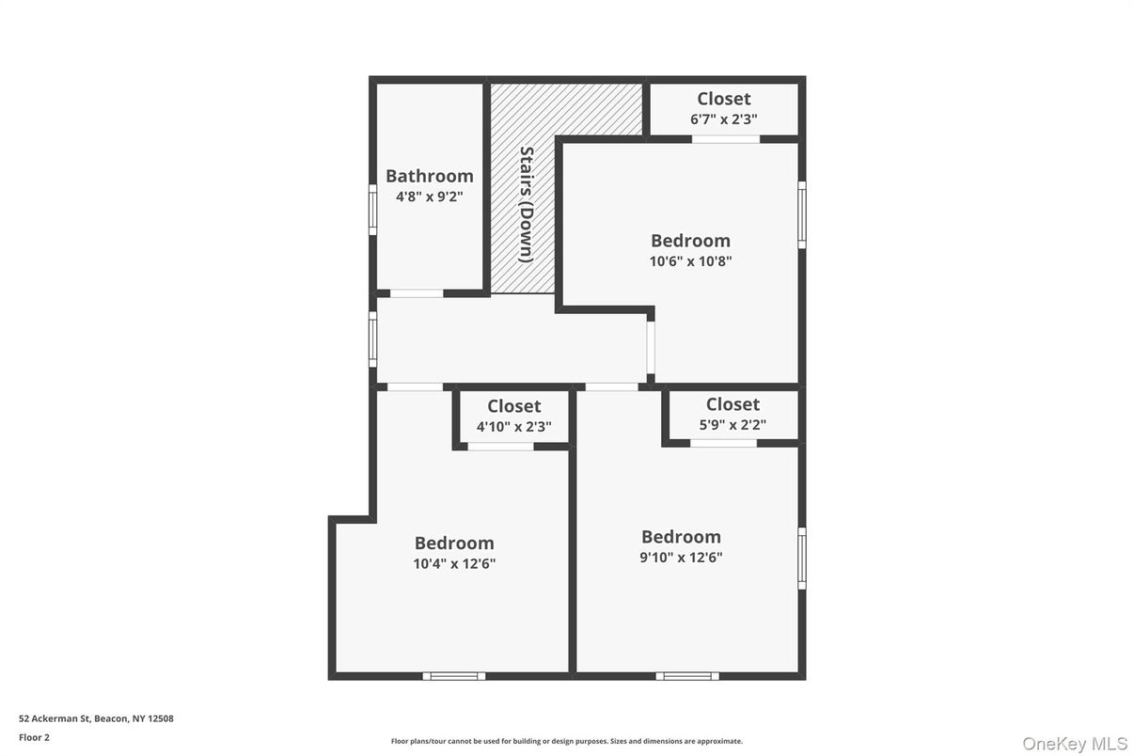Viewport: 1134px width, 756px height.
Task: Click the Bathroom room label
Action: pyautogui.click(x=429, y=176)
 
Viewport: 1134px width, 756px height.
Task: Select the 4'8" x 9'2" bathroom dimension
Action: pyautogui.click(x=429, y=197)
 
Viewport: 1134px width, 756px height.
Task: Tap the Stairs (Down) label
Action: pyautogui.click(x=527, y=204)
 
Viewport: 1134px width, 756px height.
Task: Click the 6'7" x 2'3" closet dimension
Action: pyautogui.click(x=723, y=119)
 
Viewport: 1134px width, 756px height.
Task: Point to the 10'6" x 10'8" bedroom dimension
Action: pyautogui.click(x=690, y=261)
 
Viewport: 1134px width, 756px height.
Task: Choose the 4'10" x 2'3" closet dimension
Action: pyautogui.click(x=513, y=426)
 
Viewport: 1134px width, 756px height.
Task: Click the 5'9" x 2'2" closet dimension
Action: pyautogui.click(x=732, y=424)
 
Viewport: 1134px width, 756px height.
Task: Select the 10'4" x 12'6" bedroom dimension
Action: pyautogui.click(x=454, y=564)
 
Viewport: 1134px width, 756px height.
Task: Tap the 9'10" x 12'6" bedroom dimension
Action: pyautogui.click(x=681, y=557)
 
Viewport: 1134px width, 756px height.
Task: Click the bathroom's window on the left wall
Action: pyautogui.click(x=372, y=209)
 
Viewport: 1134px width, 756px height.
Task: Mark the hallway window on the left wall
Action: pyautogui.click(x=372, y=339)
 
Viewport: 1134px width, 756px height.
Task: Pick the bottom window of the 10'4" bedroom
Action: pyautogui.click(x=454, y=676)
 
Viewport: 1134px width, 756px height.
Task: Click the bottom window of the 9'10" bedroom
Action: pyautogui.click(x=687, y=676)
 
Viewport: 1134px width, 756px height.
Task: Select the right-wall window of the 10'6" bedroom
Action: pyautogui.click(x=802, y=214)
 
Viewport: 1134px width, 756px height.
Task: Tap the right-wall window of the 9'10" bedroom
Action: pyautogui.click(x=802, y=559)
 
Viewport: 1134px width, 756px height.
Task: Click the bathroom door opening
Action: pyautogui.click(x=417, y=293)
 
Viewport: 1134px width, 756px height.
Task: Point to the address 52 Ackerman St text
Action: pyautogui.click(x=96, y=718)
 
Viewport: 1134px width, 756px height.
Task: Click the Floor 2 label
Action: pyautogui.click(x=34, y=737)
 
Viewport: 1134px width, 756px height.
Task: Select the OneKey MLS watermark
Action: pyautogui.click(x=1074, y=744)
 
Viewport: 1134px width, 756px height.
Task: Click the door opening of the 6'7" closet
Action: pyautogui.click(x=726, y=139)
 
